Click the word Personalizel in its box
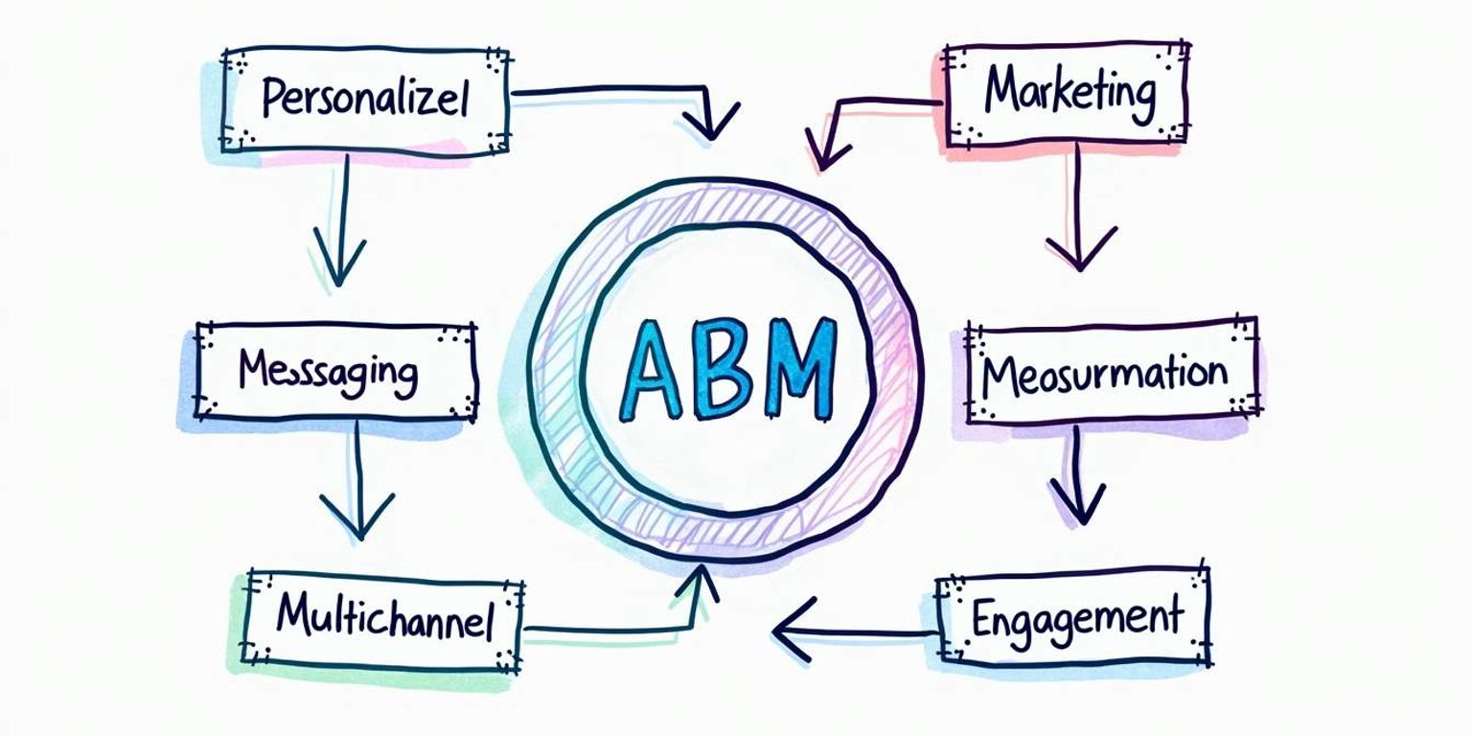(364, 98)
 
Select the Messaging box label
(328, 371)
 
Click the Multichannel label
(384, 618)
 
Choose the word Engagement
(1076, 618)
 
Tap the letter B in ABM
(728, 369)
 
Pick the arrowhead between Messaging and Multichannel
(357, 517)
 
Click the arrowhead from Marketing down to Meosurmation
(1080, 249)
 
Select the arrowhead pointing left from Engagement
(791, 631)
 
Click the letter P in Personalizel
(274, 98)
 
